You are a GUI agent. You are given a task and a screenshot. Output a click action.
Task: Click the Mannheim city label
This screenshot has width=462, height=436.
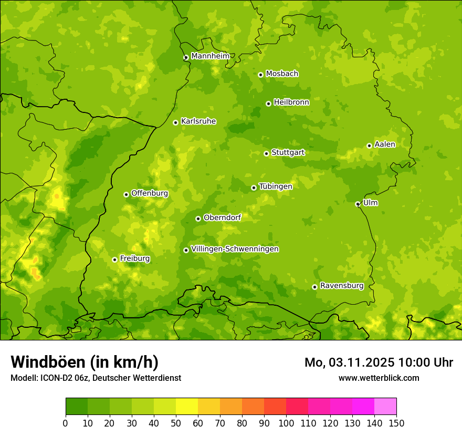point(210,56)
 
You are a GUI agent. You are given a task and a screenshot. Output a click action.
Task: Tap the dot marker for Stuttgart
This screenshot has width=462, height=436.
point(266,153)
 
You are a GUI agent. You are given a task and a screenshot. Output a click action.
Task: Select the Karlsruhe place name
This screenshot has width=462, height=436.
point(198,121)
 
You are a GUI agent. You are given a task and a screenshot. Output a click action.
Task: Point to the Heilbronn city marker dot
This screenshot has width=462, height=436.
point(268,103)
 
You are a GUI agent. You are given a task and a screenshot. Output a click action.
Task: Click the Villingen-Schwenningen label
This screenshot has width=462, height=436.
point(235,249)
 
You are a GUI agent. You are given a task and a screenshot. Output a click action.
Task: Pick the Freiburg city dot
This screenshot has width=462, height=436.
point(114,259)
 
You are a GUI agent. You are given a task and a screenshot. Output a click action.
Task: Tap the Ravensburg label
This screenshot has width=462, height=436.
point(342,286)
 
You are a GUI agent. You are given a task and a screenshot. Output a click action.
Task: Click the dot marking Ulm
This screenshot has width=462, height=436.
point(358,204)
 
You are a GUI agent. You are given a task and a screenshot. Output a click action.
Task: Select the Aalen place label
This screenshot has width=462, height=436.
point(385,144)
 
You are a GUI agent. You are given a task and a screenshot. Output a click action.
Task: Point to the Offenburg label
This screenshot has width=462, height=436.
point(150,193)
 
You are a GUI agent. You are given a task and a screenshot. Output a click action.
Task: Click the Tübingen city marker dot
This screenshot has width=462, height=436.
point(254,188)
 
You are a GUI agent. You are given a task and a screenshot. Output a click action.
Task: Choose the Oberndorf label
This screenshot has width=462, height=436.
point(222,217)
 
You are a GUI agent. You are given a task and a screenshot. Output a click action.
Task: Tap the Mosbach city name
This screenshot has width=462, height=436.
point(282,74)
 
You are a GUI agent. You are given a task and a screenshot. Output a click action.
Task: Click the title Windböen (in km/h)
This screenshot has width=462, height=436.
point(85,362)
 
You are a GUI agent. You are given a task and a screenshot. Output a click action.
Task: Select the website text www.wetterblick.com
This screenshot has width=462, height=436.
point(379,378)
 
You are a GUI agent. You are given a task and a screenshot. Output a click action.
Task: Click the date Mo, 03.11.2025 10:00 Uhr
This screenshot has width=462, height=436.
point(379,362)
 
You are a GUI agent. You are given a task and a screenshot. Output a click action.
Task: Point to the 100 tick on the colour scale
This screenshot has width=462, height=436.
point(286,423)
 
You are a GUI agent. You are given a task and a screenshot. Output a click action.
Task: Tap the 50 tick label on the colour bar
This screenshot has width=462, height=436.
point(176,423)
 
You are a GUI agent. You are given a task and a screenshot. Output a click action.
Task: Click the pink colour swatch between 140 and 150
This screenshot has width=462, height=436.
point(385,406)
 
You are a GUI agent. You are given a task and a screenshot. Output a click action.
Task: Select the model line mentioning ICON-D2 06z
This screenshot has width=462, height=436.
point(96,378)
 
